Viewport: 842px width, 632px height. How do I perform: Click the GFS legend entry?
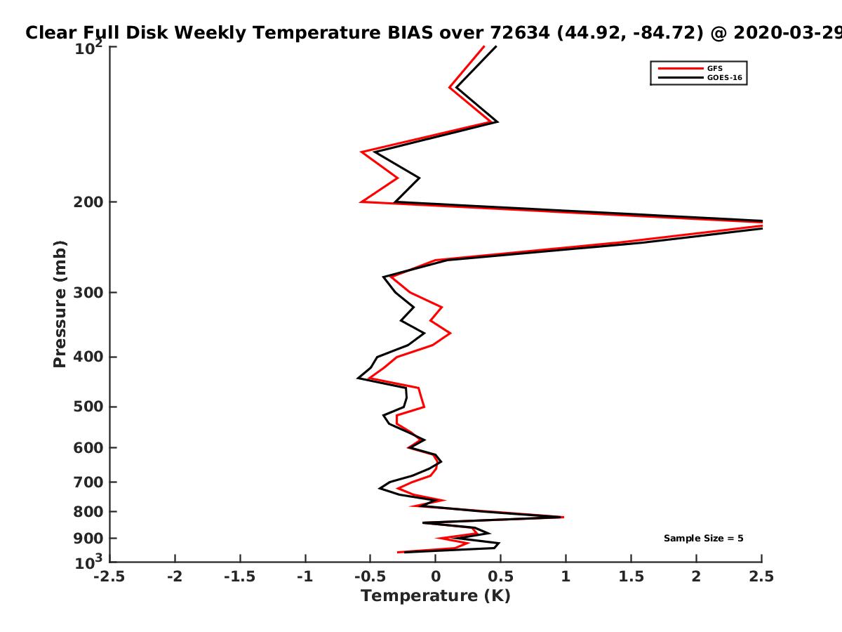click(x=690, y=68)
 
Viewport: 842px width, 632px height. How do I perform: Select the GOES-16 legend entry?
click(x=700, y=77)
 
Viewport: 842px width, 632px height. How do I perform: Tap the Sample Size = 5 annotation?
click(x=703, y=538)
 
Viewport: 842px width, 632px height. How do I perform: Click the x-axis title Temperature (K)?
click(x=436, y=595)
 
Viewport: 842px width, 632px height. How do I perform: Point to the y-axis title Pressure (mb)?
click(x=60, y=304)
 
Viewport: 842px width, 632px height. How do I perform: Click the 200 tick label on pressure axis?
click(x=88, y=202)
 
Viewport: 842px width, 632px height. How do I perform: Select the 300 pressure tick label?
click(x=88, y=292)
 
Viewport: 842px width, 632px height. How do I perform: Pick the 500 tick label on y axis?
click(x=88, y=407)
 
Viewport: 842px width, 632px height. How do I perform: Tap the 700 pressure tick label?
click(x=88, y=482)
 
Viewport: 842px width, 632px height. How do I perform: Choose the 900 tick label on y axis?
click(x=88, y=539)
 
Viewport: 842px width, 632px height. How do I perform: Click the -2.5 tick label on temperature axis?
click(x=109, y=577)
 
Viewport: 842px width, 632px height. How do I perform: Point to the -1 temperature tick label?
click(x=305, y=577)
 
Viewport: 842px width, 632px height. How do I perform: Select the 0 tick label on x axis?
click(x=436, y=577)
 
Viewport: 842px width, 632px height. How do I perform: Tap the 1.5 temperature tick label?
click(x=631, y=577)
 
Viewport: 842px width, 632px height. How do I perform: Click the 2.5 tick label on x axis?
click(x=761, y=577)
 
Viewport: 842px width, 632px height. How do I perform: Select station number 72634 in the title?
click(x=520, y=33)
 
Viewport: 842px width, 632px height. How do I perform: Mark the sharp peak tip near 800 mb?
click(x=563, y=518)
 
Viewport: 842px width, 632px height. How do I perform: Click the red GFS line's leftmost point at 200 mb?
click(x=361, y=202)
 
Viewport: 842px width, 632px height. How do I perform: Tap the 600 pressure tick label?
click(x=88, y=447)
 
